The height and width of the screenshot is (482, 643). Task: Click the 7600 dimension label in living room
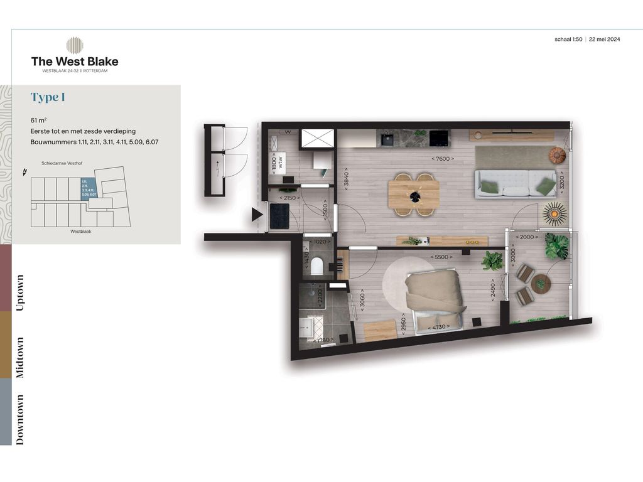click(442, 159)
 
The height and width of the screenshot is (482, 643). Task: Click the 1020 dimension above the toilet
click(321, 241)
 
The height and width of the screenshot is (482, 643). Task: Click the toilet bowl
click(317, 266)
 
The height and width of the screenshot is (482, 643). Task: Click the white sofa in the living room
click(515, 184)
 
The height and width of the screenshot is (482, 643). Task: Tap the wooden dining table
click(414, 195)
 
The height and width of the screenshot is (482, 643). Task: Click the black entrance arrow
click(256, 215)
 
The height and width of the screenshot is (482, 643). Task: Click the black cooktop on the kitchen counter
click(439, 137)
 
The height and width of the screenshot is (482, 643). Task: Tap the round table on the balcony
click(540, 284)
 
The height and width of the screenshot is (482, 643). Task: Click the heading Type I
click(48, 97)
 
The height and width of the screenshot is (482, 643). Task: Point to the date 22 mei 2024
click(605, 39)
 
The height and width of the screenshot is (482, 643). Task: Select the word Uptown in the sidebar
click(20, 292)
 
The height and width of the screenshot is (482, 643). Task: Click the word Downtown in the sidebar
click(20, 419)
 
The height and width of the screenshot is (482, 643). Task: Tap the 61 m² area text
click(39, 120)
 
